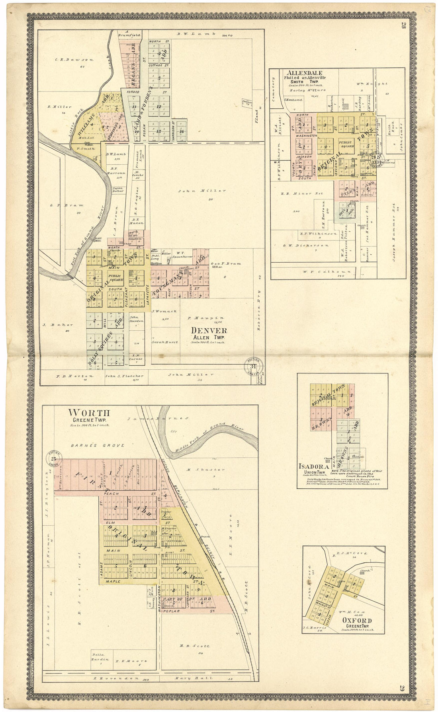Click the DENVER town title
(209, 330)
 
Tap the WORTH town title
(88, 413)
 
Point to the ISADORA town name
(314, 466)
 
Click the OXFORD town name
(357, 620)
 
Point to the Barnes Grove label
(98, 445)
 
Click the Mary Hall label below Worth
(193, 678)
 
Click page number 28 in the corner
(403, 26)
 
